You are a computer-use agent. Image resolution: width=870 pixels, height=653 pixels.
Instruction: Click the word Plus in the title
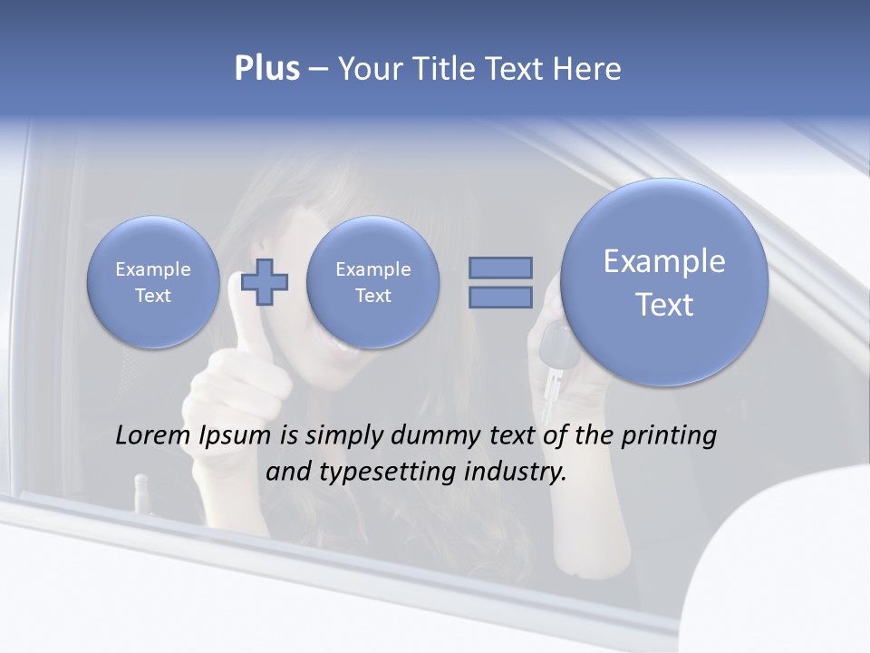point(266,69)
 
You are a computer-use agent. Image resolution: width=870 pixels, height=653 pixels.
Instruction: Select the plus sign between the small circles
point(265,281)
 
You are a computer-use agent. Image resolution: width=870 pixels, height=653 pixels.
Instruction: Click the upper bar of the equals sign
point(500,268)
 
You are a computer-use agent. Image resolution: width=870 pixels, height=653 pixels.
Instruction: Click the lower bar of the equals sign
point(500,297)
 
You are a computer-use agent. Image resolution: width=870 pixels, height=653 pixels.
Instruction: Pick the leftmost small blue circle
point(153,282)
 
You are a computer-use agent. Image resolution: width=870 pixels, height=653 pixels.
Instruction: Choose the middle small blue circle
point(372,282)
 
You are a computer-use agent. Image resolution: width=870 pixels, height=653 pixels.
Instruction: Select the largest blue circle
point(664,282)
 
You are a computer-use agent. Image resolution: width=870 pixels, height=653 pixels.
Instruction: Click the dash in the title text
point(318,70)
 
